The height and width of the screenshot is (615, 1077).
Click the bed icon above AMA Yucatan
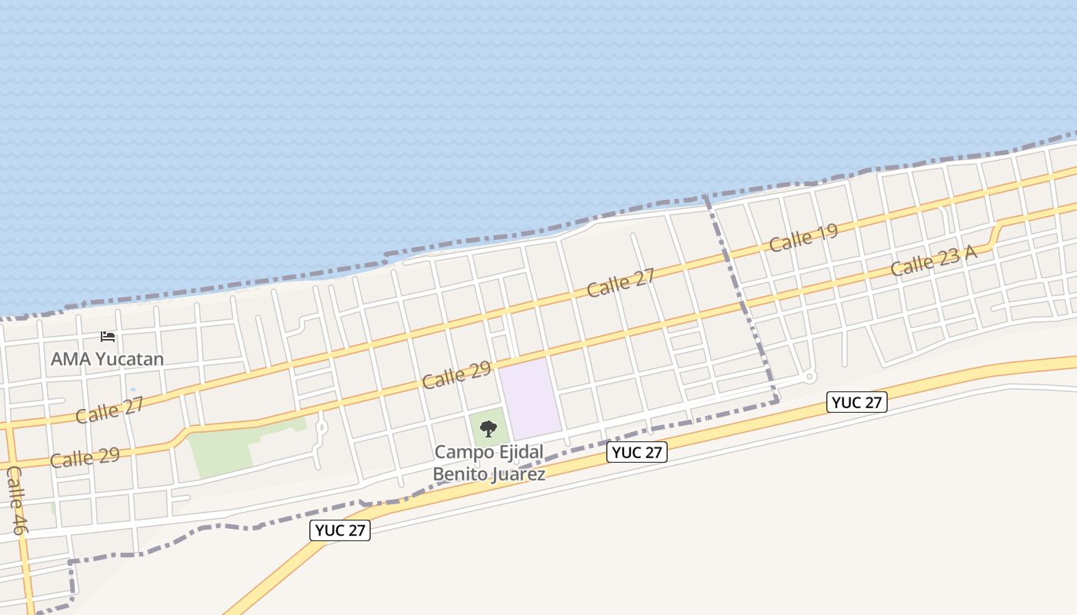point(108,337)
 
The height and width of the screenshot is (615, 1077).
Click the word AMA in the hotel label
point(68,359)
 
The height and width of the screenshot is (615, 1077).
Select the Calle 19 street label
point(803,238)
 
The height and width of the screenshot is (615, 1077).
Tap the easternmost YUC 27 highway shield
point(857,402)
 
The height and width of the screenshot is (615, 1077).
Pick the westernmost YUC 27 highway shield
point(340,530)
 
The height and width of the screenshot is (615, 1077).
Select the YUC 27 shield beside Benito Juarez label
point(637,452)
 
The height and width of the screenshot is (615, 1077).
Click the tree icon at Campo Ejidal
point(488,428)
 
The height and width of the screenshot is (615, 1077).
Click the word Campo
point(458,452)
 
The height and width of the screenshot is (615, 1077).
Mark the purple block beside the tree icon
point(529,398)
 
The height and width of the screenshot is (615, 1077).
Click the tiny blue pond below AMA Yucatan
point(132,390)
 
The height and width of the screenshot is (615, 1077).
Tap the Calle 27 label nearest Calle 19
point(620,283)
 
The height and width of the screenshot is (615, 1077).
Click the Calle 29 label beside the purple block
point(456,374)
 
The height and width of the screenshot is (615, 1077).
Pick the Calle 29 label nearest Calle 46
point(85,457)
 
